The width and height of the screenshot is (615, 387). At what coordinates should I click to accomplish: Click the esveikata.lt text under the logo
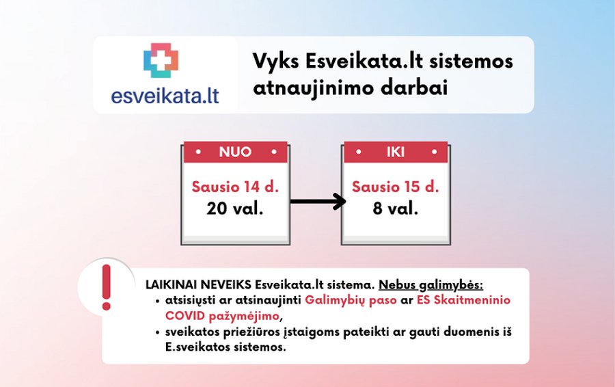(x=165, y=94)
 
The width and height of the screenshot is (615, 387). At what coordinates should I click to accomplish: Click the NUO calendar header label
(x=235, y=152)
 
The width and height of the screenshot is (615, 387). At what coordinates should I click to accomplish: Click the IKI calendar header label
(x=394, y=152)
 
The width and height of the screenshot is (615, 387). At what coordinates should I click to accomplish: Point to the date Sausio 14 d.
(x=235, y=186)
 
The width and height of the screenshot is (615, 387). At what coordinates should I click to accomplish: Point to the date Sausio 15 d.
(x=394, y=186)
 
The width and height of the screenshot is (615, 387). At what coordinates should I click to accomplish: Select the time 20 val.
(x=235, y=208)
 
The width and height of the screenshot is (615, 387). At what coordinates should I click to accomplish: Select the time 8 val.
(x=394, y=208)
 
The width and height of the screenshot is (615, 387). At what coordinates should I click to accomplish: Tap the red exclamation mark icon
(x=106, y=287)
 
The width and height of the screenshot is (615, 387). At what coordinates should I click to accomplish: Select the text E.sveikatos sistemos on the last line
(x=225, y=347)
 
